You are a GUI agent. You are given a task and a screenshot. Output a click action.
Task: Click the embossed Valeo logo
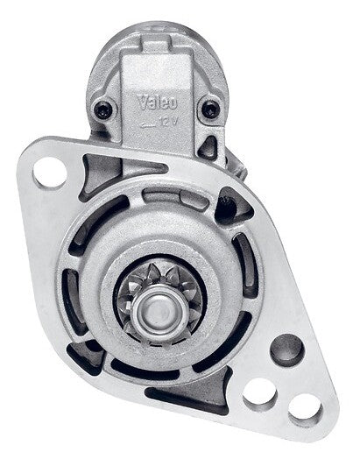[x=158, y=102]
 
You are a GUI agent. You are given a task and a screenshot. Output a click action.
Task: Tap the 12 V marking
[x=168, y=122]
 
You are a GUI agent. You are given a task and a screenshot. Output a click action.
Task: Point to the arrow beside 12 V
[x=148, y=124]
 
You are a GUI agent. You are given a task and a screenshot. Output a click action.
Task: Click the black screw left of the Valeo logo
[x=103, y=109]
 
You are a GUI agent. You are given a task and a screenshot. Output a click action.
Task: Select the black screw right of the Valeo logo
[x=211, y=109]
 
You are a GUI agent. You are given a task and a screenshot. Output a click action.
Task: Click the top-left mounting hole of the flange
[x=50, y=173]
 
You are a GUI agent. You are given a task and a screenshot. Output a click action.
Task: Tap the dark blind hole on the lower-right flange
[x=286, y=350]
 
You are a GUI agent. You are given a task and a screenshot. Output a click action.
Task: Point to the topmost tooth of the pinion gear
[x=152, y=271]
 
